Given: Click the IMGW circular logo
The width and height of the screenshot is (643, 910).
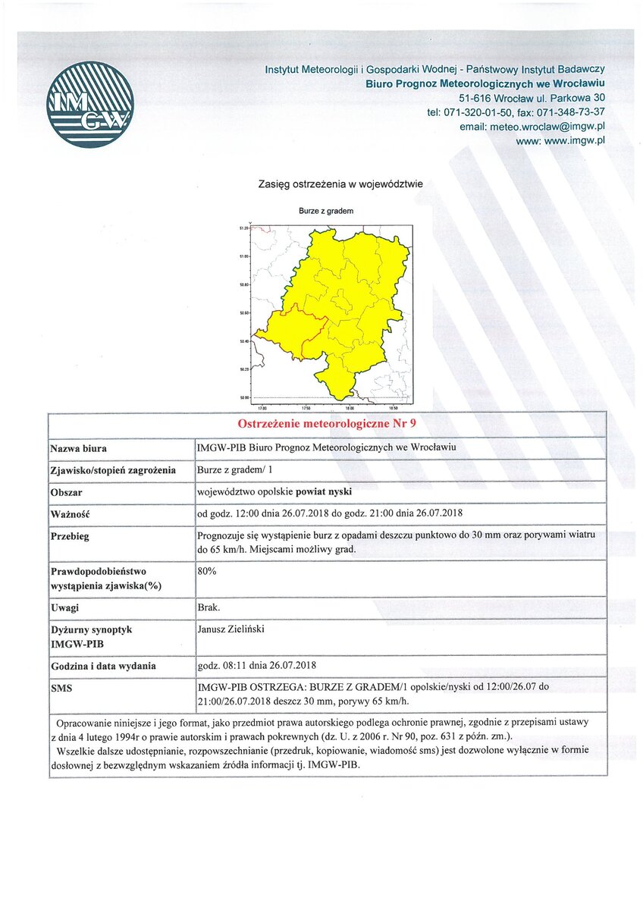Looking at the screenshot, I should [x=89, y=105].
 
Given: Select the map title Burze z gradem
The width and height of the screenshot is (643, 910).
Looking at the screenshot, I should [x=326, y=211].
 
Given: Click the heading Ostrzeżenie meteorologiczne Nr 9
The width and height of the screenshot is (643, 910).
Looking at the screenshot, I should [x=327, y=423].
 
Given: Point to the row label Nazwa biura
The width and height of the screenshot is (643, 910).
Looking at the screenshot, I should [x=79, y=447].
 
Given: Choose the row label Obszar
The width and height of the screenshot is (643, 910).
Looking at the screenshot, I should [x=67, y=492].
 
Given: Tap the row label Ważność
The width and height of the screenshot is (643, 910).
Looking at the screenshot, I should [x=70, y=515].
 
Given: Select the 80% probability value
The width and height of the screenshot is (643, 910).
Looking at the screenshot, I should [x=207, y=571].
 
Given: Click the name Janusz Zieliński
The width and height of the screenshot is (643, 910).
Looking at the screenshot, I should [x=230, y=629].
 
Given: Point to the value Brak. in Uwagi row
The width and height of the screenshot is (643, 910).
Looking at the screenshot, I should [x=208, y=608].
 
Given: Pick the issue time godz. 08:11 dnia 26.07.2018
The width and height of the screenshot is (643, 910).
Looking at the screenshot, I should [x=256, y=666].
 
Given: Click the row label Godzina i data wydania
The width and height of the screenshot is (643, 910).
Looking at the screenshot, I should [x=103, y=666].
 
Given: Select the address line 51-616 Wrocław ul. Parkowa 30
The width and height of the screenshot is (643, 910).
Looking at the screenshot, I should [x=532, y=98].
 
